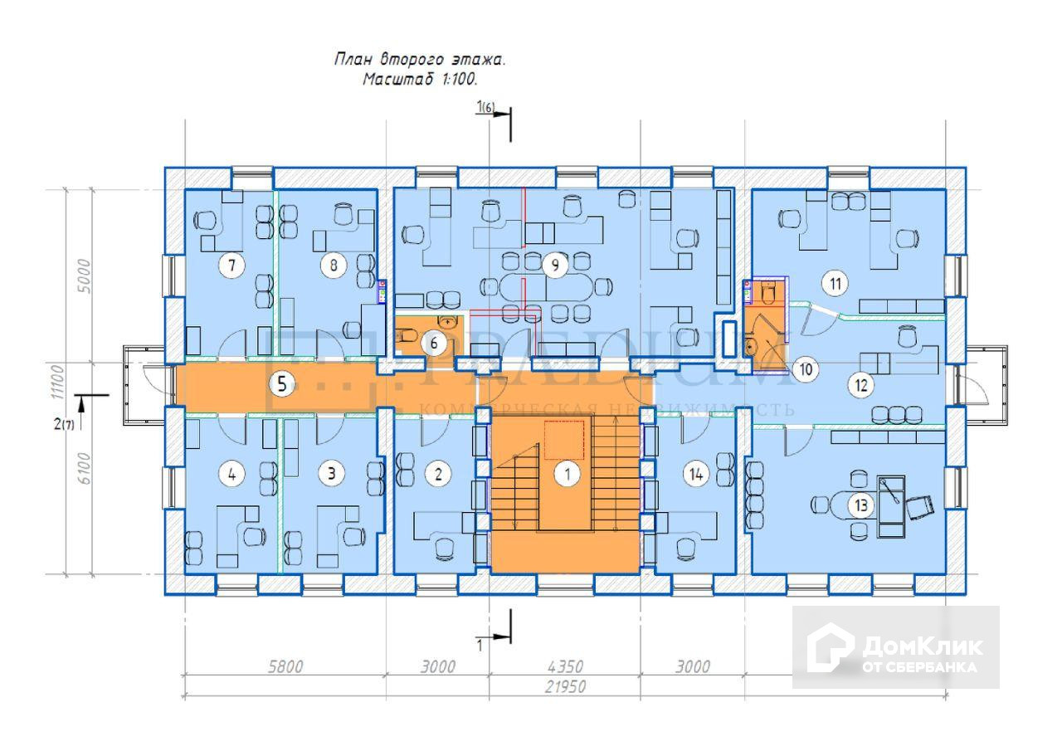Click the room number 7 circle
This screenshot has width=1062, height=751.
[x=231, y=266]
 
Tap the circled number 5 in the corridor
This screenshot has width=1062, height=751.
[x=284, y=384]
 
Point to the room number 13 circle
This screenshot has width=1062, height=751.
[x=860, y=505]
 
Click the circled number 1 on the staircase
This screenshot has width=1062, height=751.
[x=568, y=475]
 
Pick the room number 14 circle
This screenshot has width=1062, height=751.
[x=696, y=474]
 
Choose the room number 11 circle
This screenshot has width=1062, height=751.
[x=835, y=284]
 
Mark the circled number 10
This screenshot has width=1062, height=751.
[x=804, y=369]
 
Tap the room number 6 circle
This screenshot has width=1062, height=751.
[x=432, y=342]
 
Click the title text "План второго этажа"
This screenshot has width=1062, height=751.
[x=419, y=60]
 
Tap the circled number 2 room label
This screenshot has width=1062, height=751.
[x=438, y=474]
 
